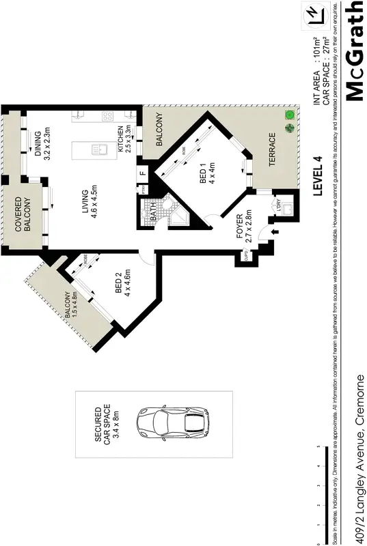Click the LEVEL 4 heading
(316, 176)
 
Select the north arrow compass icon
(314, 14)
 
